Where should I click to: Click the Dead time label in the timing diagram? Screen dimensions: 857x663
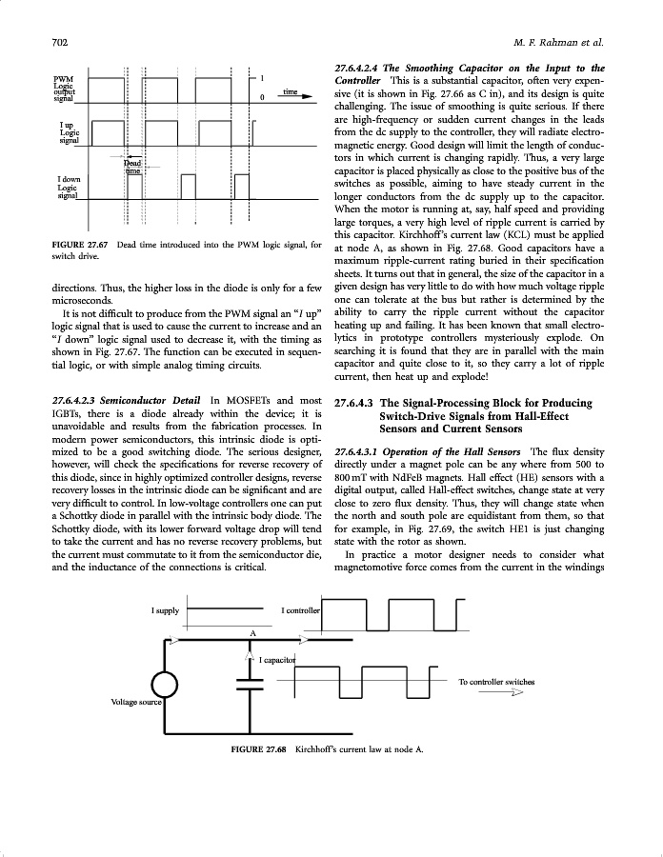(x=132, y=167)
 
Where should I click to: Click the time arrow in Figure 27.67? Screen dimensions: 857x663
(x=297, y=93)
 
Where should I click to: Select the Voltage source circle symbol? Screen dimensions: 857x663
(x=164, y=684)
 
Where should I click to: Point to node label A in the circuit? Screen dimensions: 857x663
(x=252, y=631)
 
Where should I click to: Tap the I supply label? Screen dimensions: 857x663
(x=165, y=609)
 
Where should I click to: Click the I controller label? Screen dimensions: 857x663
(x=301, y=609)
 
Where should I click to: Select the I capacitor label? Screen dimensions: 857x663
(x=278, y=659)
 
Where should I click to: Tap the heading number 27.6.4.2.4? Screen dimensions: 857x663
(x=369, y=68)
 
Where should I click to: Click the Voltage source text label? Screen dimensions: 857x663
(x=135, y=702)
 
